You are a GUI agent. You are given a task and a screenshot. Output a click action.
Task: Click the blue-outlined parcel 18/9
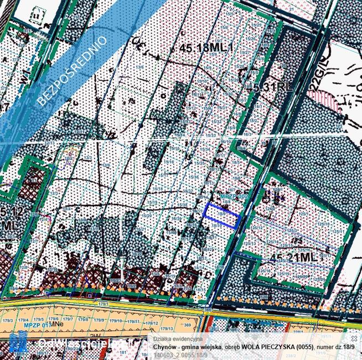[x=223, y=216]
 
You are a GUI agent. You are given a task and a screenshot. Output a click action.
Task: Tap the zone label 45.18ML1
[x=207, y=49]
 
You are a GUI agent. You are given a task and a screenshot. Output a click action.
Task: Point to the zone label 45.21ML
[x=296, y=257]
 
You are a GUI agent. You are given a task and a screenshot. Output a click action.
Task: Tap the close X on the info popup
[x=354, y=338]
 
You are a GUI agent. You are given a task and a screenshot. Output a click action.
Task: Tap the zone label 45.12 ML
[x=10, y=219]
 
